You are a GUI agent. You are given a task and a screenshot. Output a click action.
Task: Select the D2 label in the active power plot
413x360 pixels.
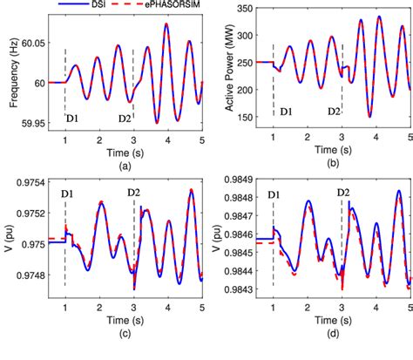pyautogui.click(x=333, y=111)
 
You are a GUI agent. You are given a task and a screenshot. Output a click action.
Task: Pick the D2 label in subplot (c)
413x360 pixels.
pyautogui.click(x=133, y=192)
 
